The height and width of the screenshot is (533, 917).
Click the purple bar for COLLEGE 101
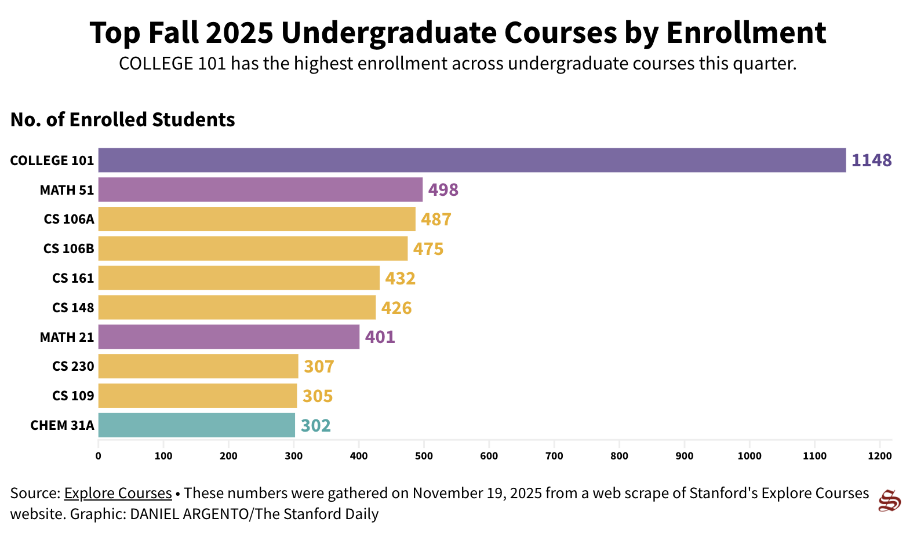click(x=472, y=160)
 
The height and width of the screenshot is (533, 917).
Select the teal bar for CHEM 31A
click(x=196, y=425)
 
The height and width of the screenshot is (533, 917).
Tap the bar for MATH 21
click(x=228, y=337)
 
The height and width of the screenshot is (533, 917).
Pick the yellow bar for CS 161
click(x=239, y=278)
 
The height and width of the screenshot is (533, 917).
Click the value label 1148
click(x=871, y=160)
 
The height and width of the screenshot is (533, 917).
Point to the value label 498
click(x=443, y=190)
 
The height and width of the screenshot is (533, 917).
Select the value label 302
click(x=315, y=426)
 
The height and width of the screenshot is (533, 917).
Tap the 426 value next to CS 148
click(x=396, y=308)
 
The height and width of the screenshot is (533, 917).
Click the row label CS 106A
click(x=68, y=219)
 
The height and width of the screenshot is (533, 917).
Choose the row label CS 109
click(x=73, y=396)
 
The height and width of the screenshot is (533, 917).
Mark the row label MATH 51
click(x=67, y=190)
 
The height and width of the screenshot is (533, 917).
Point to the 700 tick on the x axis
click(x=554, y=456)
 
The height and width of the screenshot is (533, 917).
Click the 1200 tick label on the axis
click(x=879, y=456)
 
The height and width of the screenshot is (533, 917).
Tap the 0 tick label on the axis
click(x=98, y=456)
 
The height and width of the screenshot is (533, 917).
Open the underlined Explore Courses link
click(x=118, y=493)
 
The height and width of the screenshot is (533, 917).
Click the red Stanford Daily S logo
click(x=889, y=501)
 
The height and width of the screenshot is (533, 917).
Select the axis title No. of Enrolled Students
click(x=122, y=119)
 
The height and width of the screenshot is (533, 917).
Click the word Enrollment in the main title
click(x=745, y=32)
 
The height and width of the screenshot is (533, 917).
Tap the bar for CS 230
click(x=198, y=366)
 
